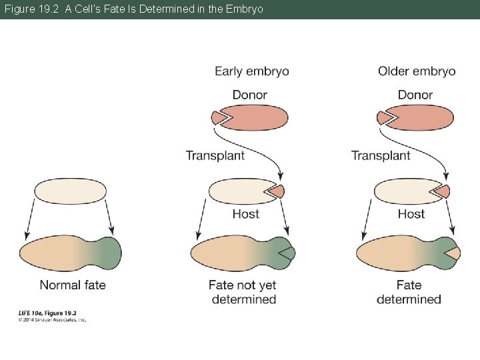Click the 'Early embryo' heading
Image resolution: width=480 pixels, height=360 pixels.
(251, 71)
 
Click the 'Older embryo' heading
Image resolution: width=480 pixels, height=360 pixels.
(416, 71)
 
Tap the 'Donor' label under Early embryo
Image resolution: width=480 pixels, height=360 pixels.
(249, 95)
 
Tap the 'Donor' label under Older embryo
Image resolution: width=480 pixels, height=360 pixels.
(415, 95)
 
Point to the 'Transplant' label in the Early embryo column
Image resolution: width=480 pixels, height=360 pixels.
(215, 155)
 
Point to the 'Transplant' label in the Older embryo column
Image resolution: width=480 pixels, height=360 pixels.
(381, 155)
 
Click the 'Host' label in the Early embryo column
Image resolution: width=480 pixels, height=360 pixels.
(245, 214)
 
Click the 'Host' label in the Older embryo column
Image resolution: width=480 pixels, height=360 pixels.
(411, 214)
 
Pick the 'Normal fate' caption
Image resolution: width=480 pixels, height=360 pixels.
(73, 285)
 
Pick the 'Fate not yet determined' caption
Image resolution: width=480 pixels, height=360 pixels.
(243, 292)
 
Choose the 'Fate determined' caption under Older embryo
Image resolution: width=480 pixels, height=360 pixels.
(409, 292)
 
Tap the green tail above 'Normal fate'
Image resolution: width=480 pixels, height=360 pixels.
(108, 253)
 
